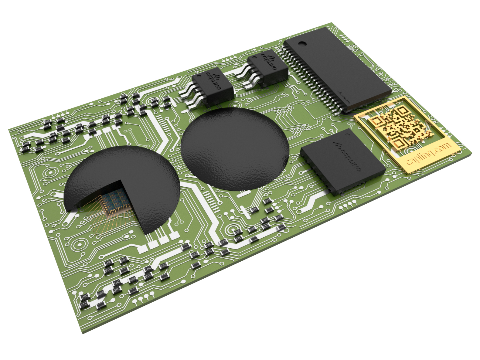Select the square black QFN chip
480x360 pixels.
point(343,161)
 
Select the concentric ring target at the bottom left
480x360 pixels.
point(79,244)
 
